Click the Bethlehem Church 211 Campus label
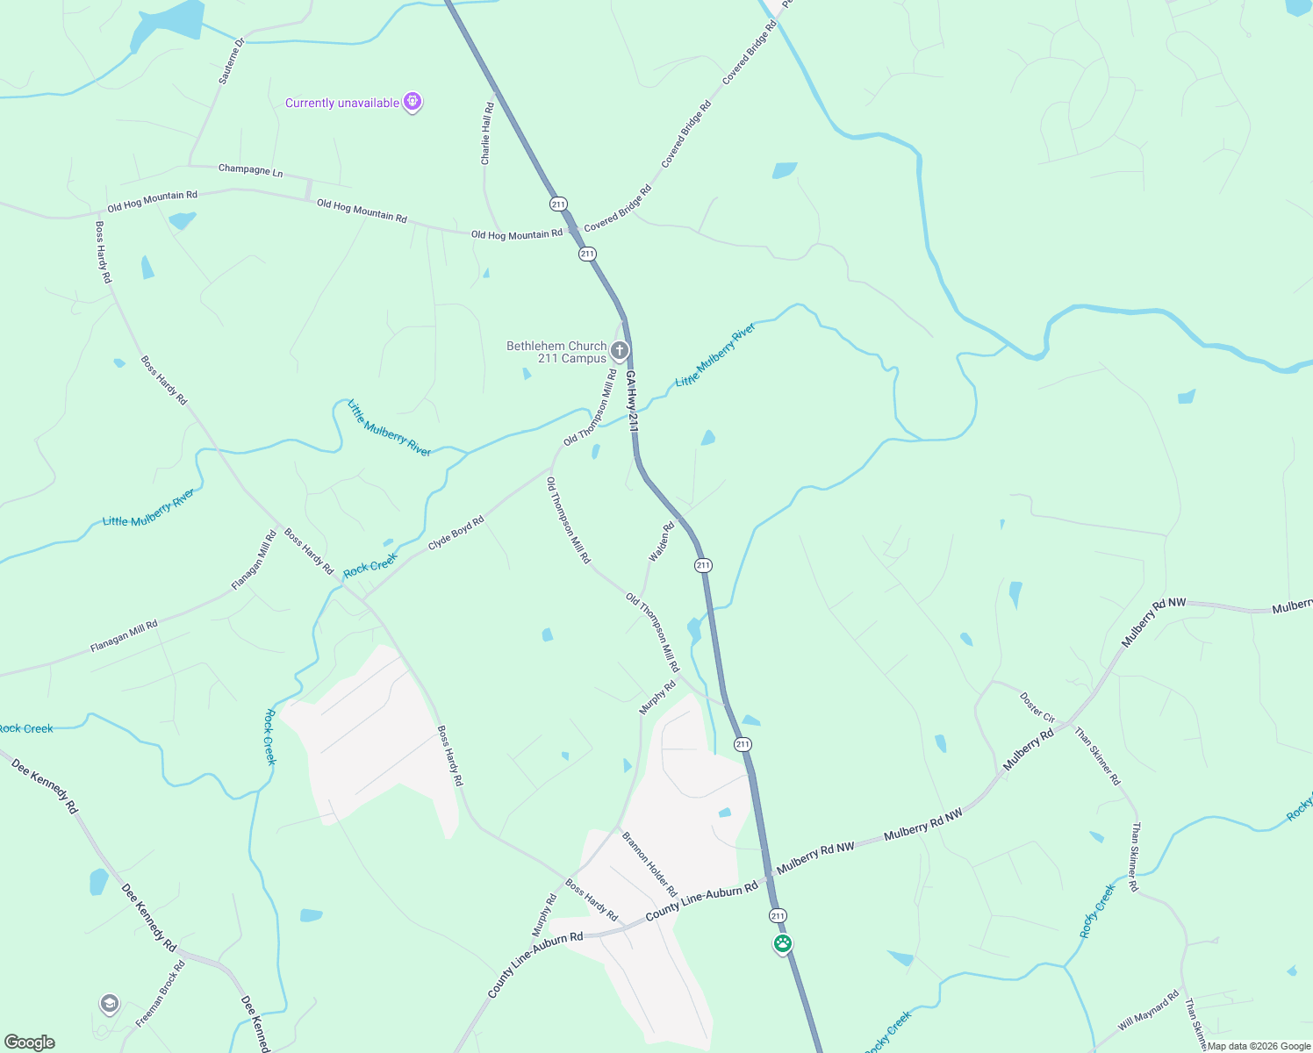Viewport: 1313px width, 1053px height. click(x=556, y=352)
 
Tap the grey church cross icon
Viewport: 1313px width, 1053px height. click(x=620, y=352)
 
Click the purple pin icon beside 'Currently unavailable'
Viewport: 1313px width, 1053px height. click(x=413, y=103)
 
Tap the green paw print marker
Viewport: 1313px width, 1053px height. click(x=783, y=944)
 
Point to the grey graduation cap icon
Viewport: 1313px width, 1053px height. click(x=109, y=1004)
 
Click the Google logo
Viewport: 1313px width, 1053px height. click(x=30, y=1042)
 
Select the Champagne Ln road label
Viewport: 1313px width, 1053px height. click(x=250, y=170)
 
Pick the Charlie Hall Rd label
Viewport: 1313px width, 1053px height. click(x=487, y=133)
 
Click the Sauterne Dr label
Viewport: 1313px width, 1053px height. click(x=230, y=61)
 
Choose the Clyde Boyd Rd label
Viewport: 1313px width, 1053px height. click(x=456, y=534)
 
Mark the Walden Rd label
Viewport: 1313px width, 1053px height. click(x=661, y=542)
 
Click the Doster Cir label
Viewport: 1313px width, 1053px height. click(x=1037, y=706)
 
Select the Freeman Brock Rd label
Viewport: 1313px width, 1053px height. click(x=161, y=994)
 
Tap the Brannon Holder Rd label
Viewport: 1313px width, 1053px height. click(x=649, y=864)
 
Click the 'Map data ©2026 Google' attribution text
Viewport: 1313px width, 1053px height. click(x=1259, y=1046)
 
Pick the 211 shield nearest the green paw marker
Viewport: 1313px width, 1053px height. click(x=778, y=916)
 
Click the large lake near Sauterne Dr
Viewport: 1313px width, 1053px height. click(x=167, y=24)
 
